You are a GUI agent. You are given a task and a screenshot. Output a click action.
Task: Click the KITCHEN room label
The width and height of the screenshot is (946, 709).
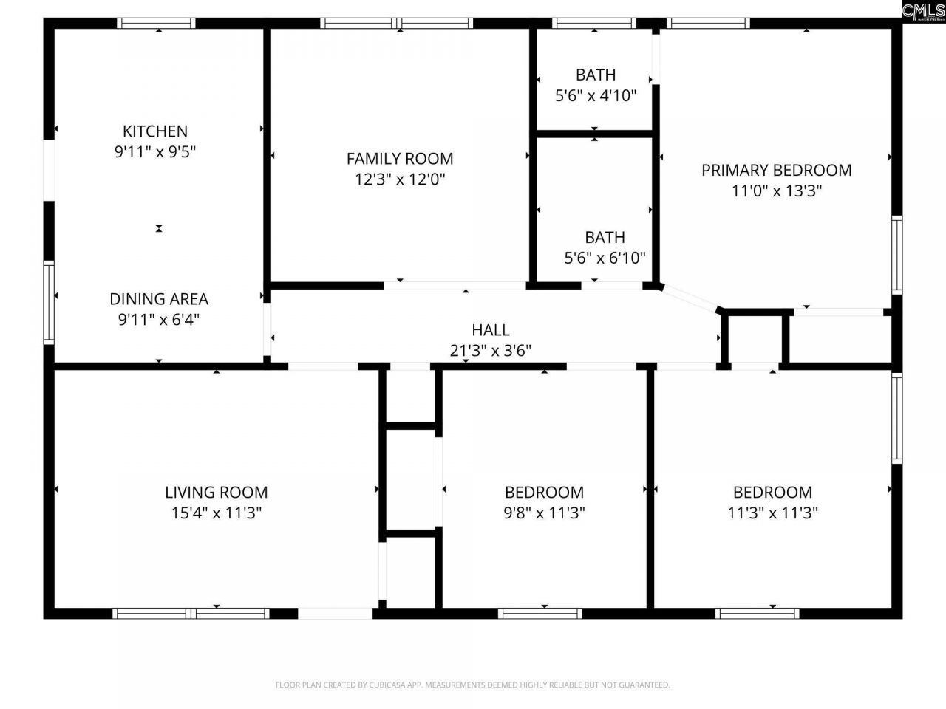pos(155,131)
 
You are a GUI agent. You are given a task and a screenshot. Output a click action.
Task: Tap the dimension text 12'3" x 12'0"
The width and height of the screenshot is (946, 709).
pos(400,179)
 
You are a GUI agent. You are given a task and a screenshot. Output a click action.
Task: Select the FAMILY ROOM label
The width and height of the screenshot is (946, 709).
pos(400,158)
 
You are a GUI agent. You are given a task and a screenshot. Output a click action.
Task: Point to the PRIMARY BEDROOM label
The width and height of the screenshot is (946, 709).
pos(777,170)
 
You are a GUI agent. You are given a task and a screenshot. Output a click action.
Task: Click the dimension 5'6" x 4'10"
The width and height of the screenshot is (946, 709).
pos(596,95)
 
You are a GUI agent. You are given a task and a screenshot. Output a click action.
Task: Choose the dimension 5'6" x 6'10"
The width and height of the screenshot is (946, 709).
pos(605,258)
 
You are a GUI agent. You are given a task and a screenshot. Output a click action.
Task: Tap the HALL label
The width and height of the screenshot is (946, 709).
pos(491,329)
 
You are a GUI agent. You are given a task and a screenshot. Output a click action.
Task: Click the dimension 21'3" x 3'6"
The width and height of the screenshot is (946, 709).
pos(491,350)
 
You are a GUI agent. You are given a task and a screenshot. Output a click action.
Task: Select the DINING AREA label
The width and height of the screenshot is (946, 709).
pos(159,299)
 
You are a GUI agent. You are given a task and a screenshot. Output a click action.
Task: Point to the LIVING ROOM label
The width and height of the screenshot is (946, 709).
pos(217,492)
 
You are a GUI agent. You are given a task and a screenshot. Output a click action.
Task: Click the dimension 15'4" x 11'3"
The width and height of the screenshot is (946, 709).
pos(217,513)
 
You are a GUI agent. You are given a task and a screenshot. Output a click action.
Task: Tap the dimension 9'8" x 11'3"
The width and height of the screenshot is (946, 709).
pos(545,513)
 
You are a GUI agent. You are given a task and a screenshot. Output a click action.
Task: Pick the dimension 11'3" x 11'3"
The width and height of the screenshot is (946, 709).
pos(772,513)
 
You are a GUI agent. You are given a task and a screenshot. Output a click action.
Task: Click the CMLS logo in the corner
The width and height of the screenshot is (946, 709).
pos(923,10)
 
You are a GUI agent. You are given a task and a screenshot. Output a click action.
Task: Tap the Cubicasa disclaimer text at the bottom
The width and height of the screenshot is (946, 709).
pos(473,685)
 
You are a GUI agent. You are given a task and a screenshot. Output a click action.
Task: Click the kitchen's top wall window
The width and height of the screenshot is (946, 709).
pos(157,24)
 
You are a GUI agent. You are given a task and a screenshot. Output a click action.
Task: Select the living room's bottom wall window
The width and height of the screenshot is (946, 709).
pos(191,613)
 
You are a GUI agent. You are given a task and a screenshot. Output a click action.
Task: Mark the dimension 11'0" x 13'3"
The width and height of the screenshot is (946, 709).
pos(777,191)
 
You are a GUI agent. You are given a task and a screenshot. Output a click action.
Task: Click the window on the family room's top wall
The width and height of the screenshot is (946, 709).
pos(398,24)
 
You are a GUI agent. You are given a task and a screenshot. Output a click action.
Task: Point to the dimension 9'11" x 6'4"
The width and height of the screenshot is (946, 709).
pos(159,320)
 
